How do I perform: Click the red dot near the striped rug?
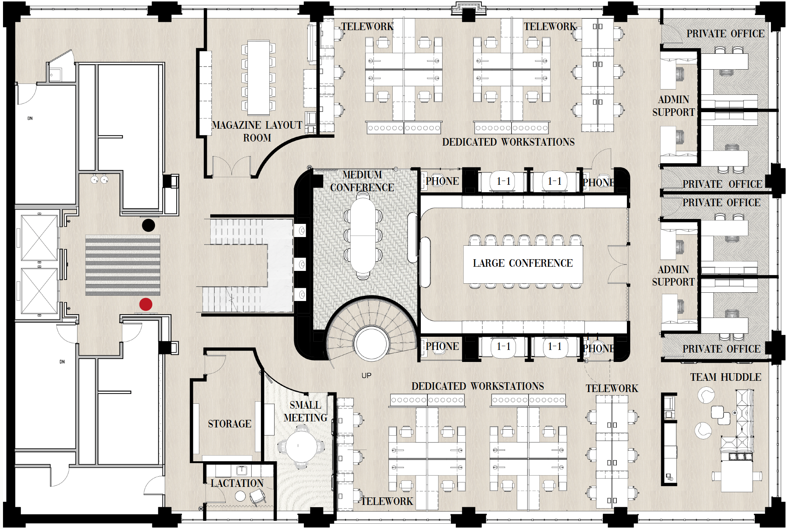(146, 304)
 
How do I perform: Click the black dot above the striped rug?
(149, 225)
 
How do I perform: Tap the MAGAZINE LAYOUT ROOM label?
(257, 131)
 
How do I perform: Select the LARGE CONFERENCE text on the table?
(523, 263)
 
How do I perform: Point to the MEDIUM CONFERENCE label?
(362, 181)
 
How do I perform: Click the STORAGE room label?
(229, 424)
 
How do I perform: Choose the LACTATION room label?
(237, 483)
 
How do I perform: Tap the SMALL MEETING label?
(305, 411)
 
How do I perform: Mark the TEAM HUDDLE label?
(725, 377)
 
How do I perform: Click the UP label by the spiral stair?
(366, 375)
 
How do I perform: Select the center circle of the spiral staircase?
(372, 344)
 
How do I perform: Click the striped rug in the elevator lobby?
(123, 265)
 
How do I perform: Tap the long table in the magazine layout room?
(258, 78)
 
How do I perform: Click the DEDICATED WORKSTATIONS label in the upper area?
(508, 142)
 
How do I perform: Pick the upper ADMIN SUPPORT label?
(674, 106)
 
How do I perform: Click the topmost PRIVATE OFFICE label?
(725, 33)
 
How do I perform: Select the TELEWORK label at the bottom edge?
(387, 501)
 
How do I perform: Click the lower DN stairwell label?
(62, 362)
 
